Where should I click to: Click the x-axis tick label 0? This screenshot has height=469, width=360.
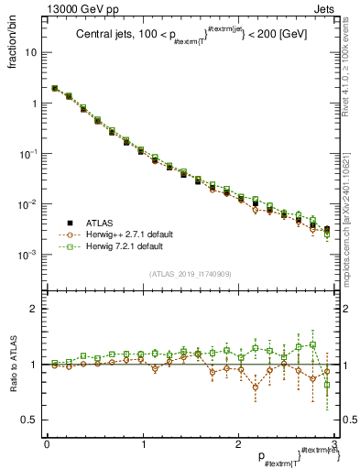tap(47, 443)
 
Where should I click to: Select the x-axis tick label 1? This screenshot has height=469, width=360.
tap(142, 443)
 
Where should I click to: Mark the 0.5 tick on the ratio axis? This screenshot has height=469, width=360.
tap(31, 420)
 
